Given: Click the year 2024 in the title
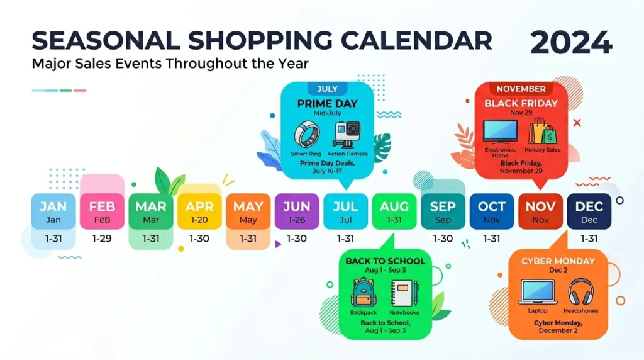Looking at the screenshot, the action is tap(571, 42).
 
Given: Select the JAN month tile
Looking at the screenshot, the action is tap(53, 211).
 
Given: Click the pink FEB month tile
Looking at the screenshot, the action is tap(102, 211).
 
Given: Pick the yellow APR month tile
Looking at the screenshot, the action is tap(199, 211).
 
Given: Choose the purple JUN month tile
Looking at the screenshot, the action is tap(297, 211).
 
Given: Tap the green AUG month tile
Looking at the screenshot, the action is tap(394, 211).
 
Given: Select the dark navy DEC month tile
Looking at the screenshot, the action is tap(589, 211).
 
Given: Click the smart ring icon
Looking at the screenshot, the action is tap(307, 135).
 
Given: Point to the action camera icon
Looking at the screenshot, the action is tap(347, 135).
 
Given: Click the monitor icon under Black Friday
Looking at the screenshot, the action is tap(500, 132).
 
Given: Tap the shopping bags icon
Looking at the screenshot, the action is tap(543, 131).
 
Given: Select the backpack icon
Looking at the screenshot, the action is tap(364, 292).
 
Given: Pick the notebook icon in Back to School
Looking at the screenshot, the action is tap(404, 293).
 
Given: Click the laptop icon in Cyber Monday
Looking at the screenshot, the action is tap(538, 292).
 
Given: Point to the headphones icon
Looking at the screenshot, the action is tap(580, 291).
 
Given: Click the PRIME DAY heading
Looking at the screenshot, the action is tap(327, 104).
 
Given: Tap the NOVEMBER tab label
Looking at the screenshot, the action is tap(521, 89).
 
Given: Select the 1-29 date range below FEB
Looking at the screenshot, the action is tap(102, 239).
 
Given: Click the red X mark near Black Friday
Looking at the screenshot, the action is tap(577, 123).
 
